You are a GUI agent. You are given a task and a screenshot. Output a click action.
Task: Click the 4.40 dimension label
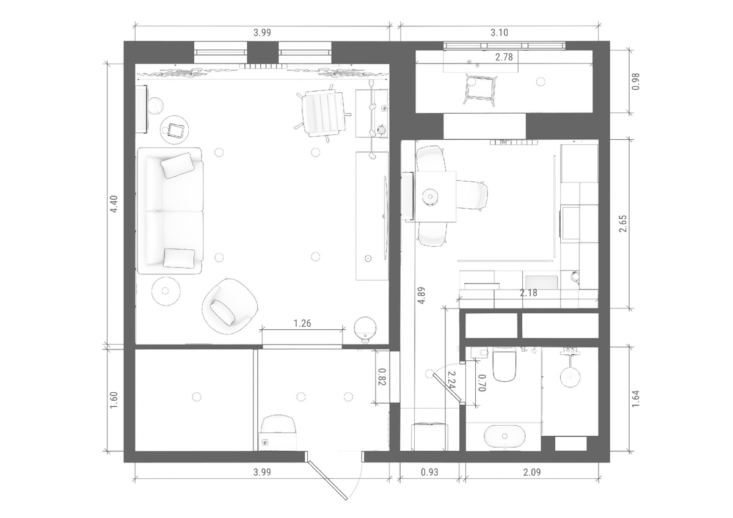pyautogui.click(x=114, y=204)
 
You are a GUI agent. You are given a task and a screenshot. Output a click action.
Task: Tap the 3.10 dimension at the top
pyautogui.click(x=500, y=33)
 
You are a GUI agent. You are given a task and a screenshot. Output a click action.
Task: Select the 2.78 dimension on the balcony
pyautogui.click(x=504, y=57)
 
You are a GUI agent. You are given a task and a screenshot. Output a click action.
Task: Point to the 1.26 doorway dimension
pyautogui.click(x=302, y=323)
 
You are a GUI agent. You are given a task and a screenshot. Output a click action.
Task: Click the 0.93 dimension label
pyautogui.click(x=429, y=472)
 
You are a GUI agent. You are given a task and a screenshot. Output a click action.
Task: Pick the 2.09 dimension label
pyautogui.click(x=532, y=472)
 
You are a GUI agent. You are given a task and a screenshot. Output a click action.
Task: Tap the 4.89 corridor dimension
pyautogui.click(x=421, y=296)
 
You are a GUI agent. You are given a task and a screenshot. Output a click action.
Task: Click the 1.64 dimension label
pyautogui.click(x=635, y=398)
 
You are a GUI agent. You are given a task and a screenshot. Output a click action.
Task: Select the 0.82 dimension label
pyautogui.click(x=382, y=377)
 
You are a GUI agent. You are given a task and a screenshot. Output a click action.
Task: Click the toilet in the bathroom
pyautogui.click(x=505, y=366)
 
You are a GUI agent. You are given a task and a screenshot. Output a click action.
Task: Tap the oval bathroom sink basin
pyautogui.click(x=505, y=436)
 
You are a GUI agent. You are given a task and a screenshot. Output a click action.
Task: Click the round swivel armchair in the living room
pyautogui.click(x=230, y=306)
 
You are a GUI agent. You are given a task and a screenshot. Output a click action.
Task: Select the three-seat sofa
pyautogui.click(x=170, y=210)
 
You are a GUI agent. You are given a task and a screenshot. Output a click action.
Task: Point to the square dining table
pyautogui.click(x=435, y=196)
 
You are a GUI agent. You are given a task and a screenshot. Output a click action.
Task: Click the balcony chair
pyautogui.click(x=480, y=89)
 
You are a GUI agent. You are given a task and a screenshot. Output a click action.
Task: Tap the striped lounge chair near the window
pyautogui.click(x=323, y=113)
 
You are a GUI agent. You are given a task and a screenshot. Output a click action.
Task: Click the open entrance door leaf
pyautogui.click(x=326, y=480)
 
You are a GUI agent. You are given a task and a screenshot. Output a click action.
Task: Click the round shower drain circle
pyautogui.click(x=570, y=378)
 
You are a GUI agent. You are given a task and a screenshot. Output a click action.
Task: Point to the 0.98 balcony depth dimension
pyautogui.click(x=635, y=81)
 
